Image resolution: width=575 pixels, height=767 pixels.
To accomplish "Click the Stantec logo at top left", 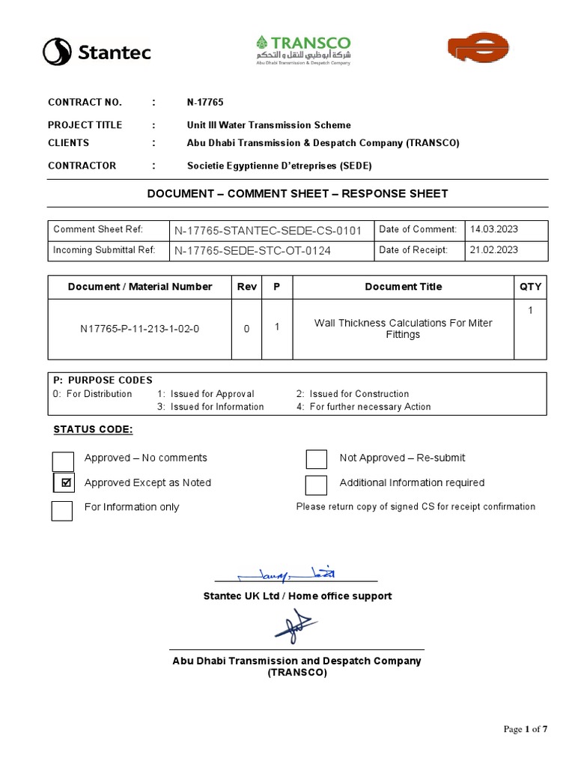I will pos(97,52).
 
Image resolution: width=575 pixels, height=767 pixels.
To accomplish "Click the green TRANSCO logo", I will pos(302,49).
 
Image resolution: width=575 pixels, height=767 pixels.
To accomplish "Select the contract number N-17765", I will pos(205,103).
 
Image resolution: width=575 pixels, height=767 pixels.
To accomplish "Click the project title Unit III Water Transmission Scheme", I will pos(268,125).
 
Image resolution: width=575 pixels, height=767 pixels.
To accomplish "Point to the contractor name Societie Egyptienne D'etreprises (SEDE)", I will pos(279,166).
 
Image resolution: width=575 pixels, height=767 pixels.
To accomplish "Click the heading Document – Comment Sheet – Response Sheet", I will pos(297,193).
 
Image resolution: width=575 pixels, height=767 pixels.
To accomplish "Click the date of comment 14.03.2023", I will pos(494,230).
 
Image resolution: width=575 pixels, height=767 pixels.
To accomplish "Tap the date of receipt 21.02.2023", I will pos(494,250).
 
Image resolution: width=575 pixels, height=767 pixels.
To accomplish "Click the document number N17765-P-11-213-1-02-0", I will pos(139,328).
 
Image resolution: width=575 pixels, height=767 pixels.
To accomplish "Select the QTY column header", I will pos(530,287).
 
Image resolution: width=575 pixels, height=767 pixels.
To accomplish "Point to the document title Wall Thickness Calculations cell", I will pos(403,329).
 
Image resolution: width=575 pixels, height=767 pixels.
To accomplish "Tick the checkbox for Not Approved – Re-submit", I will pos(317,459).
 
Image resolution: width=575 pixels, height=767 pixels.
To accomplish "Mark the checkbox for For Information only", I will pos(62,511).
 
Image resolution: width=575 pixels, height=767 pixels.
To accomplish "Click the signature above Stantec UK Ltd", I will pos(288,575).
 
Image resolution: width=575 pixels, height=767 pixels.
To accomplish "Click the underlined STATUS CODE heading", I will pos(93,429).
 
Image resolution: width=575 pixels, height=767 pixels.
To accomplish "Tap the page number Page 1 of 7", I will pos(526,730).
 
